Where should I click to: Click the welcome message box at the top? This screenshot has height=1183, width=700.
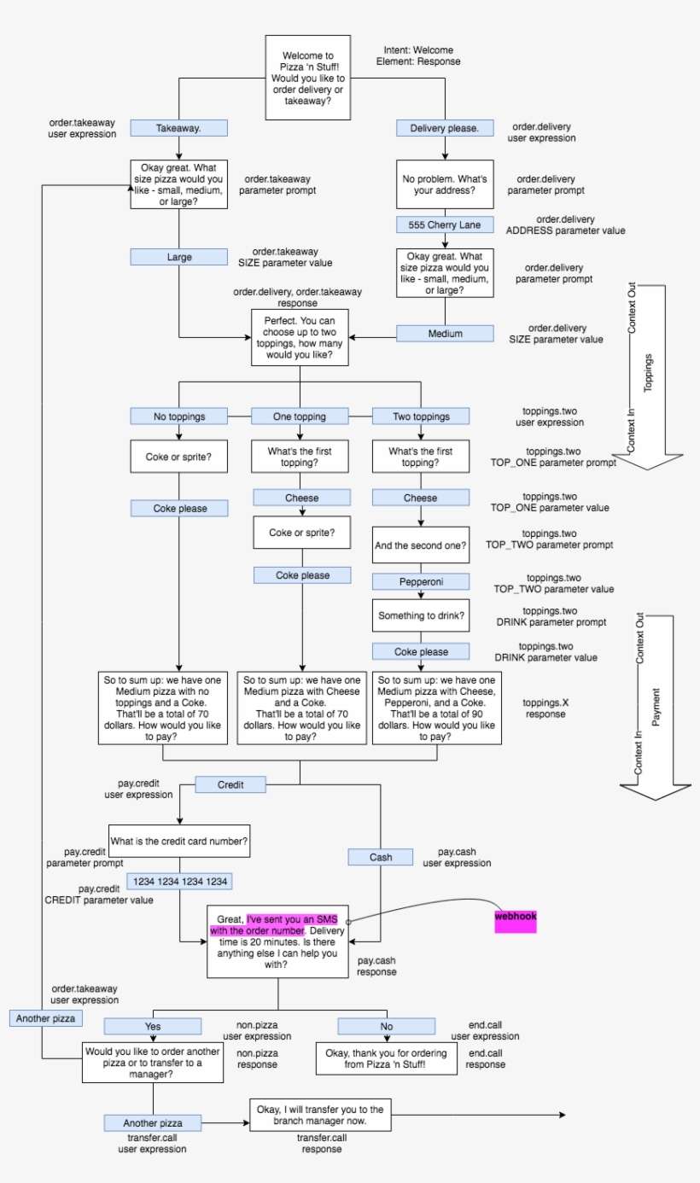[x=308, y=71]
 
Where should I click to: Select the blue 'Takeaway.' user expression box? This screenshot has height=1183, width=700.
[x=178, y=128]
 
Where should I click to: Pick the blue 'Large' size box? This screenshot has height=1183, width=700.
[x=178, y=256]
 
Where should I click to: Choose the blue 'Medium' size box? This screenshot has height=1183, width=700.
[x=445, y=334]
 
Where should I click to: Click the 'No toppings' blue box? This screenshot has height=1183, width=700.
[x=178, y=417]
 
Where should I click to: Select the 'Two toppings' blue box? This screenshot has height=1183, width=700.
[x=420, y=417]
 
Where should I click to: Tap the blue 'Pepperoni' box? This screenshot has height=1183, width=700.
[x=420, y=581]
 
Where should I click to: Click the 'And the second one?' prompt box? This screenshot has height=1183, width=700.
[x=420, y=544]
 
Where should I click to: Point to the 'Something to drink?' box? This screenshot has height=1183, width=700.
[x=420, y=616]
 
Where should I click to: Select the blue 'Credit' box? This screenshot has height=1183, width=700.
[x=230, y=783]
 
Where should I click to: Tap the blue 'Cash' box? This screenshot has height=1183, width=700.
[x=381, y=856]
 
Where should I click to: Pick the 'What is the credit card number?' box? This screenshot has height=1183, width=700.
[x=179, y=840]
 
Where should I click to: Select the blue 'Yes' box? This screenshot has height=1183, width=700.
[x=154, y=1026]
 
